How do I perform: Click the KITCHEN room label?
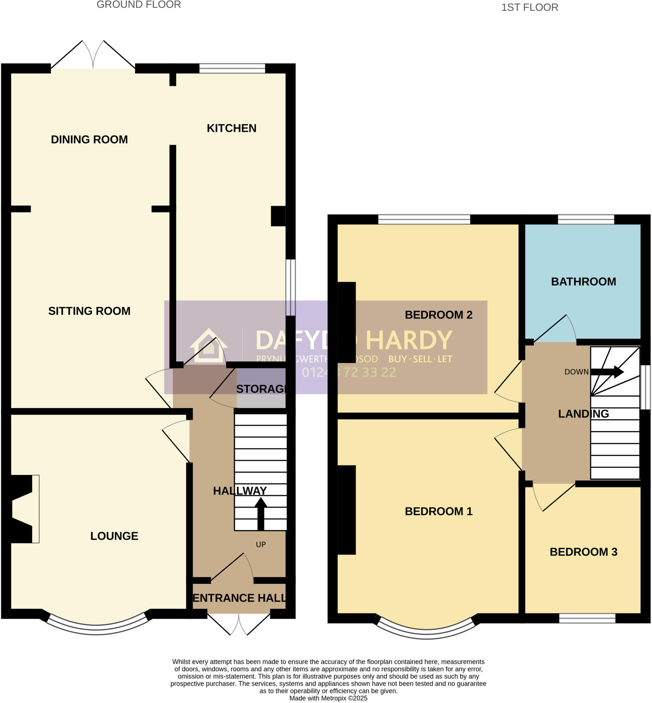(231, 128)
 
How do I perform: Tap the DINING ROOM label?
(89, 139)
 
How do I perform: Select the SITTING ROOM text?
(89, 311)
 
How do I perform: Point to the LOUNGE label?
(114, 536)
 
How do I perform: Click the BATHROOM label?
(584, 281)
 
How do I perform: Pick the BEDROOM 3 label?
(584, 552)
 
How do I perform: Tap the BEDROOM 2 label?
(438, 315)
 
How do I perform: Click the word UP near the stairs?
(261, 545)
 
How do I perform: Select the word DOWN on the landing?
(576, 372)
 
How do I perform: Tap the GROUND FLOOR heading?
(139, 4)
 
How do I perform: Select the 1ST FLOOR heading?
(529, 8)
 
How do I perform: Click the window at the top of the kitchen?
(232, 68)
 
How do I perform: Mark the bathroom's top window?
(586, 219)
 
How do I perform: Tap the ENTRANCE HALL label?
(239, 598)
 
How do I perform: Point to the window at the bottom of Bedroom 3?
(587, 618)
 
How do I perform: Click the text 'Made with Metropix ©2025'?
(328, 698)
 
